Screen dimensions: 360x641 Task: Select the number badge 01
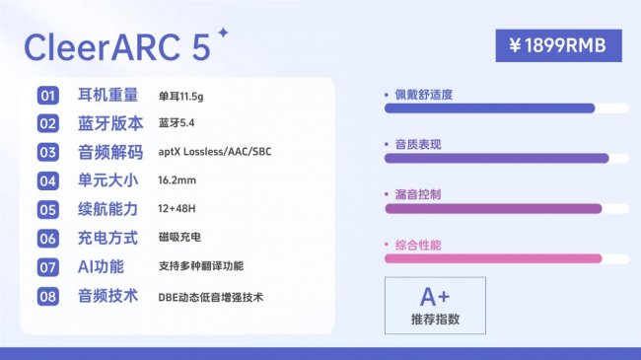click(47, 96)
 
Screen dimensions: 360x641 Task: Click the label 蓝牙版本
click(109, 123)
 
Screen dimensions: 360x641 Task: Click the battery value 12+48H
click(178, 210)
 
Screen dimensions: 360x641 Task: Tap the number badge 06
click(47, 239)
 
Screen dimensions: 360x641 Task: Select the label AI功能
click(102, 267)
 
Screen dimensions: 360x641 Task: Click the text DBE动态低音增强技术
click(210, 296)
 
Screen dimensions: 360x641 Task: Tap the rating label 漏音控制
click(418, 194)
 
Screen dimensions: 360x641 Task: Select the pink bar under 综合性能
click(492, 258)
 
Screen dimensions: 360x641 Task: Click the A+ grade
click(434, 297)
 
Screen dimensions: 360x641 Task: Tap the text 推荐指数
click(435, 320)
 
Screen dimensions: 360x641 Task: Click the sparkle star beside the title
click(223, 33)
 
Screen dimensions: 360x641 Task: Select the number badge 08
click(47, 296)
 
